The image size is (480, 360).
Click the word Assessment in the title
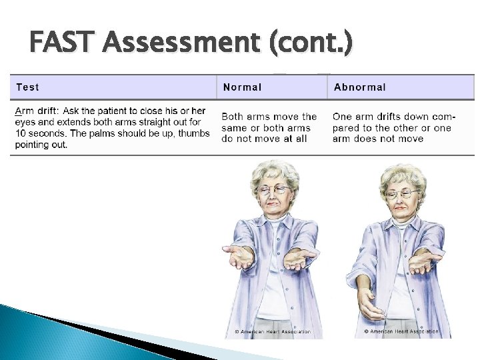(x=181, y=43)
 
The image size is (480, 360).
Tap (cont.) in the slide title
(x=312, y=43)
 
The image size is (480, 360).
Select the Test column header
(x=27, y=87)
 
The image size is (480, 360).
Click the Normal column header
(x=242, y=87)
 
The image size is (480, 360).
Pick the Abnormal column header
(x=359, y=87)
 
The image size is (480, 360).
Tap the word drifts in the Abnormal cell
(x=387, y=117)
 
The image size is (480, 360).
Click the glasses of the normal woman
(x=274, y=190)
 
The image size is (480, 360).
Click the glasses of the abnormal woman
(x=403, y=194)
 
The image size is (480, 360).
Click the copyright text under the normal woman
(x=273, y=332)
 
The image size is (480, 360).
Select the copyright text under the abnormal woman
(x=401, y=331)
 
